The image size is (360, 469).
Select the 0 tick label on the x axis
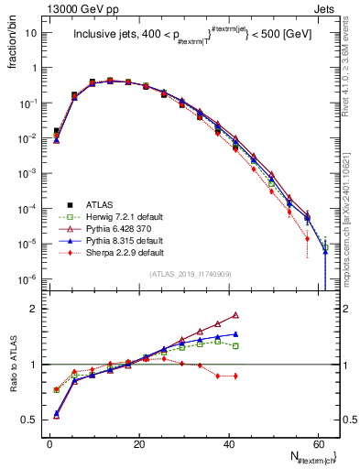[x=50, y=445]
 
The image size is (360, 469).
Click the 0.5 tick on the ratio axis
[x=31, y=420]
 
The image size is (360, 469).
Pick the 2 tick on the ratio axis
[x=35, y=309]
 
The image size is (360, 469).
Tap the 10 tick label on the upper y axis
[x=31, y=33]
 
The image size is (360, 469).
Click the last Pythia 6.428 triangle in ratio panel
[x=236, y=315]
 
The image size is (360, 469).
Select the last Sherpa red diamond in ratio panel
[x=236, y=376]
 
